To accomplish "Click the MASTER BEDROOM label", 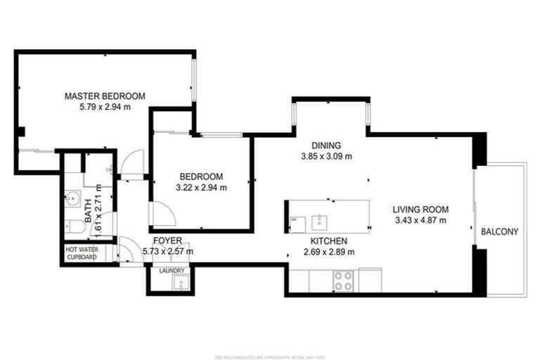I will pos(105,96).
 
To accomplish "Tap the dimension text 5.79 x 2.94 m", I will pos(105,107).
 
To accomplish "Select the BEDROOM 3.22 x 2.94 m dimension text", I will pos(202,187).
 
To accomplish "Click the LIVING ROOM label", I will pos(420,209).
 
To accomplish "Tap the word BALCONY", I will pos(499,232).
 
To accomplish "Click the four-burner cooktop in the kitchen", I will pos(343,281).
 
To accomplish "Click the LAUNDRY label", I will pos(172,271).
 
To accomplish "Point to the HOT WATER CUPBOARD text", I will pos(82,253).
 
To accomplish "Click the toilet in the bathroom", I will pos(72,226).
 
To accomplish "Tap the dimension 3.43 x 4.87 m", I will pos(420,220).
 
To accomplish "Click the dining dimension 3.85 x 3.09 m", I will pos(326,157).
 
